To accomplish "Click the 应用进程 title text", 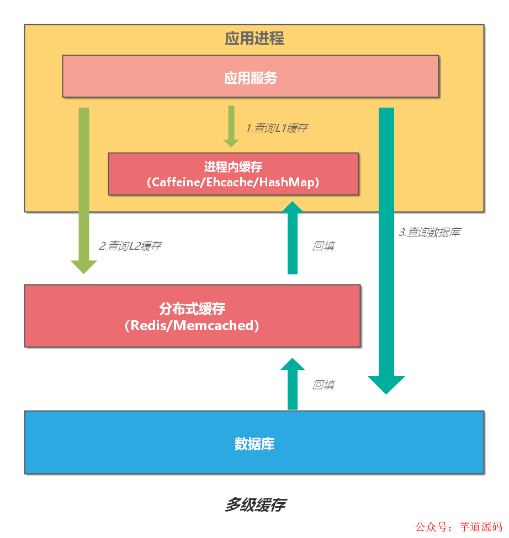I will pos(254,39).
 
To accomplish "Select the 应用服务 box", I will pos(250,77).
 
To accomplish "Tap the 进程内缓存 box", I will pos(233,174).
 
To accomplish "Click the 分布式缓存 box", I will pos(192,316).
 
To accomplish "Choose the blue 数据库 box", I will pos(254,442).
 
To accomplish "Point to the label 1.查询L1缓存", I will pos(277,128).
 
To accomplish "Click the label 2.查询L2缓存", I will pos(130,246).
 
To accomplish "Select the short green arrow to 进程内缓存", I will pos(231,126).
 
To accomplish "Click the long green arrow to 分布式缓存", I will pos(84,187).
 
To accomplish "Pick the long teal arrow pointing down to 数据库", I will pos(386,248).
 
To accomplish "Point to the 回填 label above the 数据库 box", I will pos(324,385).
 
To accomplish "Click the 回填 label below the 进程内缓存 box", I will pos(324,246).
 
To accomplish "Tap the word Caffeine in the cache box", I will pos(173,182).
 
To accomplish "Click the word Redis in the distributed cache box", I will pos(149,325).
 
